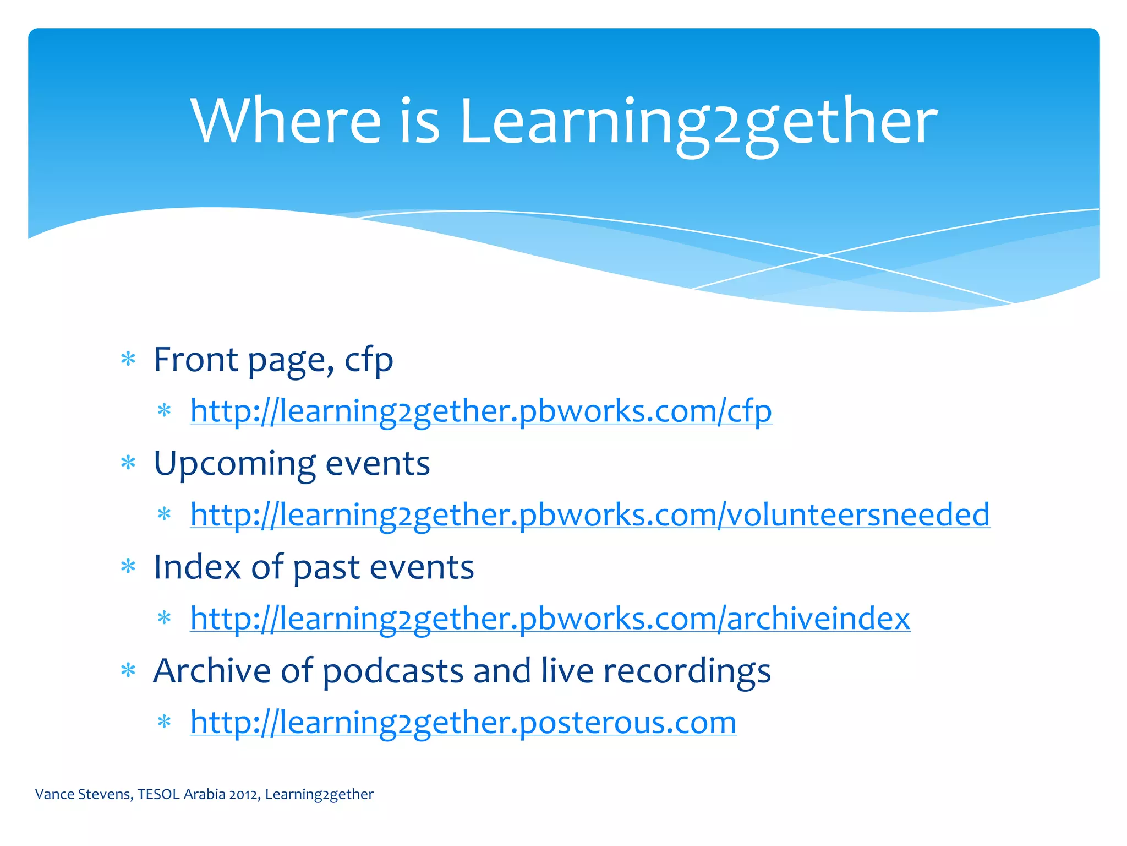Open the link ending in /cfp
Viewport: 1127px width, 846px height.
[481, 411]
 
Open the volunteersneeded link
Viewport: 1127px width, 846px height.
[589, 514]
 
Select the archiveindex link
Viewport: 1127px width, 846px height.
[550, 618]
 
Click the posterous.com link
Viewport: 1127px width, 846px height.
[463, 722]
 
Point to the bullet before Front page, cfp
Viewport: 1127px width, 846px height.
[128, 360]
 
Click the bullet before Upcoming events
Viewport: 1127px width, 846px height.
[128, 463]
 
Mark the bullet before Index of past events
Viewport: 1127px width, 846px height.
[128, 567]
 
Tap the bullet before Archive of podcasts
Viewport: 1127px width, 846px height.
[128, 670]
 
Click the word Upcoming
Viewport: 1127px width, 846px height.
[234, 464]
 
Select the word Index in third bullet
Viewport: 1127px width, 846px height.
[196, 567]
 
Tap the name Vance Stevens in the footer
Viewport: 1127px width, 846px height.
[83, 794]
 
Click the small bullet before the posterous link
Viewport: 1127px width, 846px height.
[165, 722]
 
